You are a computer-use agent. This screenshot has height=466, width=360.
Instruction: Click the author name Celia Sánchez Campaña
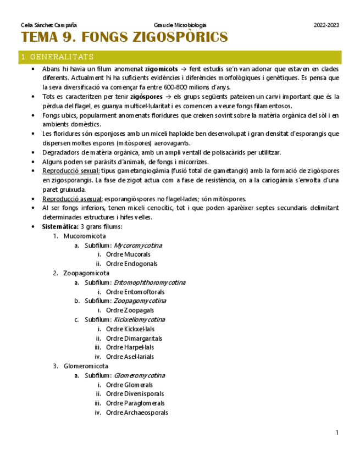[48, 25]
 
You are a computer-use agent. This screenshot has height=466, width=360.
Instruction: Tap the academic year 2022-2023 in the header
[326, 25]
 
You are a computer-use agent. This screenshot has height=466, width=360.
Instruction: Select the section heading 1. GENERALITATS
[57, 57]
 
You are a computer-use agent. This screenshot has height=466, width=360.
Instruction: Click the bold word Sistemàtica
[60, 226]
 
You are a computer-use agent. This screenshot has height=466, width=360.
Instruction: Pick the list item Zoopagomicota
[86, 273]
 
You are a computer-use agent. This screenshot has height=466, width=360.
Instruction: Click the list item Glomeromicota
[86, 366]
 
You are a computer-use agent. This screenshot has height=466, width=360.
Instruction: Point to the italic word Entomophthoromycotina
[149, 282]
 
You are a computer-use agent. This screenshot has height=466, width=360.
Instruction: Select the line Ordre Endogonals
[131, 264]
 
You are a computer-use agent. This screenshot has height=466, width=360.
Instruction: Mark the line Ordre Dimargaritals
[134, 339]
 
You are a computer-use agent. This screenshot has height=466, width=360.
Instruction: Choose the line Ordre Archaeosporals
[137, 413]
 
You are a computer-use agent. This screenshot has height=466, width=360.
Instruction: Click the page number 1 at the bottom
[337, 433]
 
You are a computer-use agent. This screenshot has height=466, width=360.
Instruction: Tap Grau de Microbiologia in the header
[180, 25]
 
